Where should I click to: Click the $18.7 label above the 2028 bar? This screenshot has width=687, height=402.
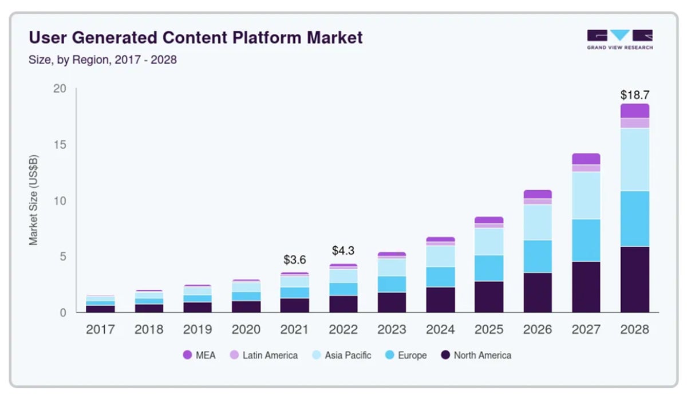click(x=635, y=95)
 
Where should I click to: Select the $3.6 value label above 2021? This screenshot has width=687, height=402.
click(x=295, y=259)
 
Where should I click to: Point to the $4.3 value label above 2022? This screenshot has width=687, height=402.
click(x=343, y=251)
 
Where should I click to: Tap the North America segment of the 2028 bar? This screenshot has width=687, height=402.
click(x=635, y=279)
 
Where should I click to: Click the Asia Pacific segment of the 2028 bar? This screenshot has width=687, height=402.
click(x=635, y=159)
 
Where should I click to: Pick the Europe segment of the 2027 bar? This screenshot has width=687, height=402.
click(x=586, y=241)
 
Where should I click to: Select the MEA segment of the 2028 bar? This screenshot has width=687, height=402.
click(x=635, y=111)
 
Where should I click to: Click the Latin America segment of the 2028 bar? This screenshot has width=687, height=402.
click(x=635, y=123)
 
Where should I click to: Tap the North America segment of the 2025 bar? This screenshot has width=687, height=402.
click(x=489, y=297)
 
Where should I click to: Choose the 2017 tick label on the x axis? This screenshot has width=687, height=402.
click(x=100, y=330)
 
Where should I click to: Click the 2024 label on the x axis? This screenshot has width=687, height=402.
click(x=440, y=330)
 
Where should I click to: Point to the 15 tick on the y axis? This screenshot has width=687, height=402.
click(x=60, y=145)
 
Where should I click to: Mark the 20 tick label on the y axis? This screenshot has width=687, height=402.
click(x=60, y=89)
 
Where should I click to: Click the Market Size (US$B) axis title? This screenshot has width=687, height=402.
click(x=34, y=200)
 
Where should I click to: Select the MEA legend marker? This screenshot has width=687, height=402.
click(x=187, y=355)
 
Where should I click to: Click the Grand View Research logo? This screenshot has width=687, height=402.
click(x=619, y=39)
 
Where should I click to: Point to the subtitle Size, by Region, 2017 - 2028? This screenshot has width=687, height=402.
click(x=102, y=60)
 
